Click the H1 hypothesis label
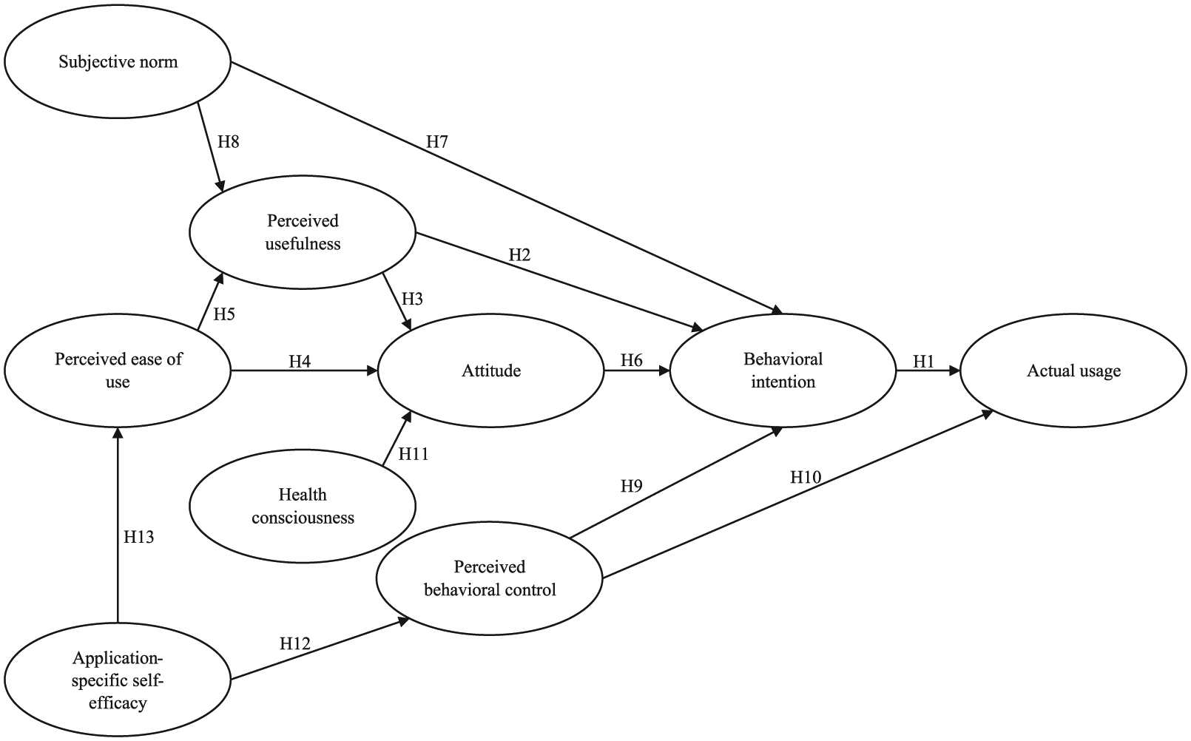pyautogui.click(x=923, y=362)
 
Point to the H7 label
pyautogui.click(x=437, y=141)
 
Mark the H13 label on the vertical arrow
pyautogui.click(x=139, y=537)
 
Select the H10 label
pyautogui.click(x=806, y=477)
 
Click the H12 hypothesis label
pyautogui.click(x=295, y=643)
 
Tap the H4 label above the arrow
pyautogui.click(x=300, y=362)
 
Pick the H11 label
pyautogui.click(x=413, y=454)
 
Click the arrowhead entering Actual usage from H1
pyautogui.click(x=955, y=370)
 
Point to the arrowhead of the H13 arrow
pyautogui.click(x=118, y=433)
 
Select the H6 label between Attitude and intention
pyautogui.click(x=632, y=360)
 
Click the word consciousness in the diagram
pyautogui.click(x=303, y=518)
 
